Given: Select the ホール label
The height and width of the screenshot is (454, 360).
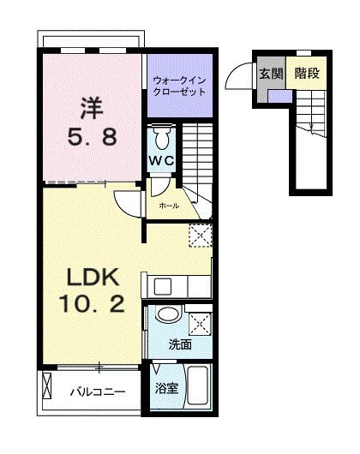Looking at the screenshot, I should tap(168, 206).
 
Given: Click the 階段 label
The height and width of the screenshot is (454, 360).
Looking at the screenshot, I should tap(305, 74).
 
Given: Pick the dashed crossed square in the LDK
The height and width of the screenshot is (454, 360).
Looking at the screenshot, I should tap(199, 234).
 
